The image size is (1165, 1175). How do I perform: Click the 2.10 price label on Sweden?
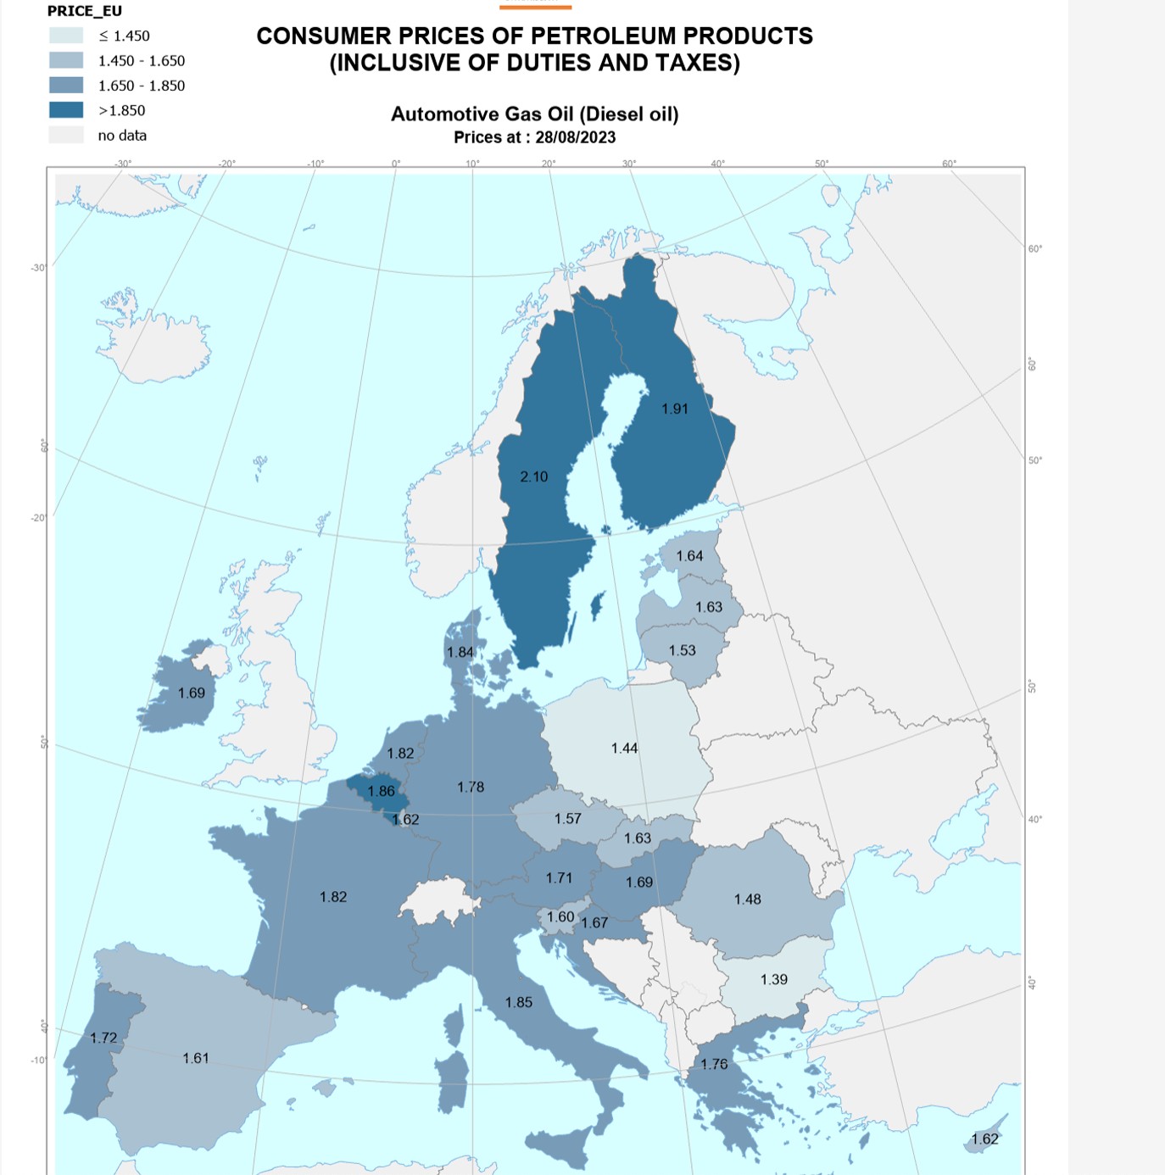534,476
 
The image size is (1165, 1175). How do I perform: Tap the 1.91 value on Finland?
675,409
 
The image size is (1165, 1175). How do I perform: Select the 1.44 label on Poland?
624,748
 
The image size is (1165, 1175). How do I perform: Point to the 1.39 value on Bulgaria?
773,979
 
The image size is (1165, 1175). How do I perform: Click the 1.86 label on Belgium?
381,791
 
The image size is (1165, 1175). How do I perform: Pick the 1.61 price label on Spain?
195,1058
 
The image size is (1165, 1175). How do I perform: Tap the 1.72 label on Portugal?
103,1038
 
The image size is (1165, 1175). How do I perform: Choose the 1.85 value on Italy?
518,1002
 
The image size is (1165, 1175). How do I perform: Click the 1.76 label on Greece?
714,1064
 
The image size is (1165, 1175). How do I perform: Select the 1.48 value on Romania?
747,899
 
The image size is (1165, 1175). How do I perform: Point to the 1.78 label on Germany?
471,787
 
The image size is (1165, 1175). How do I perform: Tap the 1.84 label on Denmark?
460,652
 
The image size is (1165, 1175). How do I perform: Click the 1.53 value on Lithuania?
682,650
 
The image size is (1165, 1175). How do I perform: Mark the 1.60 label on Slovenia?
560,916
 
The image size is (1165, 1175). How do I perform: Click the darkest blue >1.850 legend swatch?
66,110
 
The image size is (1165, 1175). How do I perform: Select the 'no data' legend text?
122,136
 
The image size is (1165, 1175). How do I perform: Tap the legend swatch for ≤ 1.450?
66,36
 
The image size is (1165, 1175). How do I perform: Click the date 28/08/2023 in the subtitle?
575,137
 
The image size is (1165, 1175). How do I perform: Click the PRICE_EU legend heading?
85,11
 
